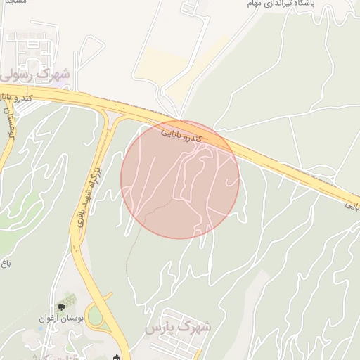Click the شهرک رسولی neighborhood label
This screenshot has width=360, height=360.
tap(35, 73)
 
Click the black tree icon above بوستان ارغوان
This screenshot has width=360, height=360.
tap(62, 306)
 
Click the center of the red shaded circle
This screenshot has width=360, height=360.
tap(180, 179)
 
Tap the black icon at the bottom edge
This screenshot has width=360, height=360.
tap(117, 356)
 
